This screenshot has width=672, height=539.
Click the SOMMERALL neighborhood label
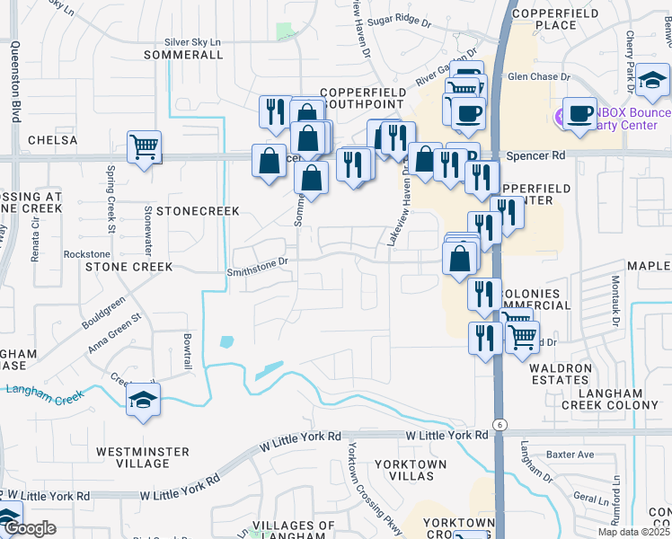tap(183, 55)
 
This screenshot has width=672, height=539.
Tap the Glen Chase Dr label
tap(539, 77)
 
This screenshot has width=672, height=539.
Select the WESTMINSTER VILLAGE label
tap(143, 457)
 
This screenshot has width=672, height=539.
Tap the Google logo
tap(30, 528)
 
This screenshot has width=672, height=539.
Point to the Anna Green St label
tap(115, 331)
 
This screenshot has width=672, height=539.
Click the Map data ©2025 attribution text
tap(631, 532)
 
